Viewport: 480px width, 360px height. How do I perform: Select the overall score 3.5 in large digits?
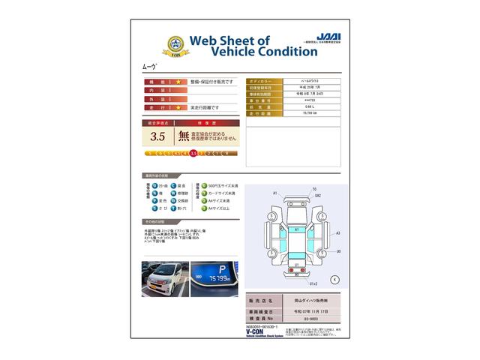tap(157, 136)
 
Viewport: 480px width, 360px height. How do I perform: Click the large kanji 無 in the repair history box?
tap(184, 136)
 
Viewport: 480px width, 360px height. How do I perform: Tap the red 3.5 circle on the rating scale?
tap(194, 153)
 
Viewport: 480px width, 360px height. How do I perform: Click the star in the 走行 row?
tap(178, 107)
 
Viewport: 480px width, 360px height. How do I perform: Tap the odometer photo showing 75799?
tap(214, 279)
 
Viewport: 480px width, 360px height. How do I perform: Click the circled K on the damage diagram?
tap(334, 279)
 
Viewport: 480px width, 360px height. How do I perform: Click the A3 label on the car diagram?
tap(338, 233)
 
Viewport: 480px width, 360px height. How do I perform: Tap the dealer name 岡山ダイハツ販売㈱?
tap(308, 299)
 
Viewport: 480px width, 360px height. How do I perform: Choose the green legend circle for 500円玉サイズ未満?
tap(203, 184)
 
